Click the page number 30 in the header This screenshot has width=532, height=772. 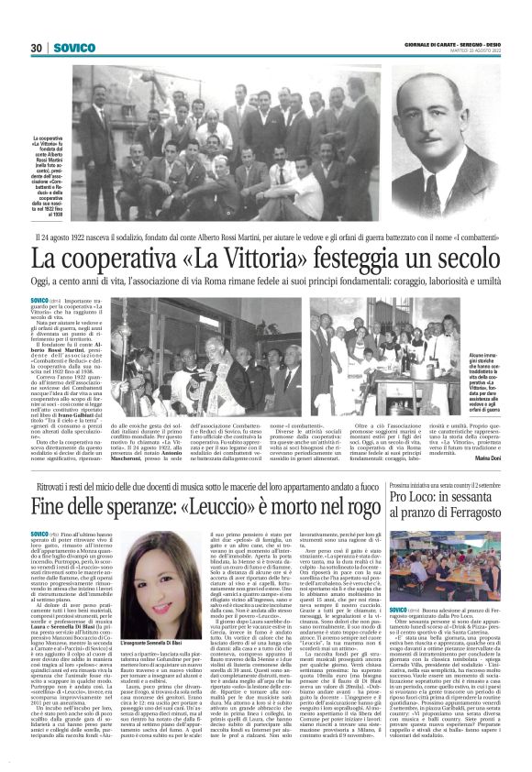click(38, 48)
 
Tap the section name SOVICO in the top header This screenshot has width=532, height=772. click(72, 48)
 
